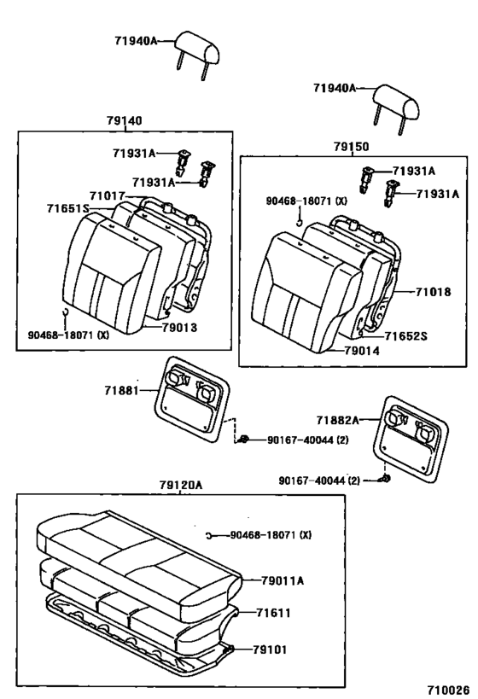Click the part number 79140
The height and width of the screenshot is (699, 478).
point(125,122)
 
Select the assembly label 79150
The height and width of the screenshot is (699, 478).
point(351,147)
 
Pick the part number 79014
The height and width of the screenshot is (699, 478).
point(364,350)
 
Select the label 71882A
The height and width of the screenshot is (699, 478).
point(339,419)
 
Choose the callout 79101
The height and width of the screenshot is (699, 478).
point(270,649)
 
